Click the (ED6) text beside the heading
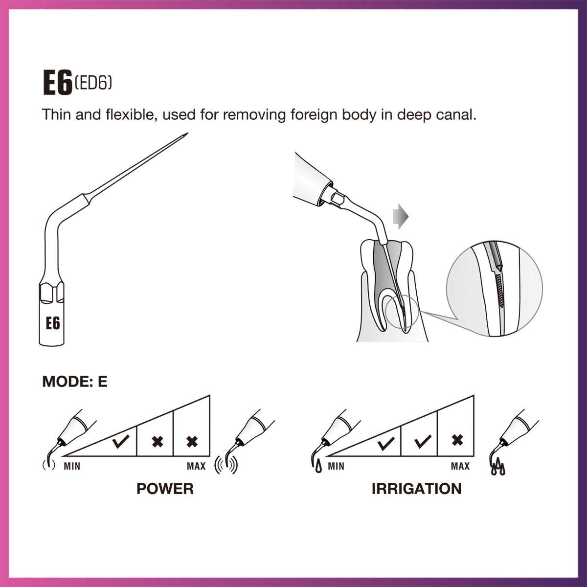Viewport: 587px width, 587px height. [x=93, y=83]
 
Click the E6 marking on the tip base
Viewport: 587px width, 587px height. [x=53, y=323]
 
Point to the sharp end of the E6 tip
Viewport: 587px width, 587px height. [x=188, y=133]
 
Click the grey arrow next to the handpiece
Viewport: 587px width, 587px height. [x=401, y=217]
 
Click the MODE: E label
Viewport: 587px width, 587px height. [x=75, y=382]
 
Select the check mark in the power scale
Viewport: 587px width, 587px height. [x=121, y=441]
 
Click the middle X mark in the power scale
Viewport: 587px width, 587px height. [x=157, y=441]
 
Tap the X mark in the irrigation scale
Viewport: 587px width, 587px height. [x=457, y=440]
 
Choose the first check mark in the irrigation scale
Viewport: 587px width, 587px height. [x=386, y=443]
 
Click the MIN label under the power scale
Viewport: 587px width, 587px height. [x=72, y=466]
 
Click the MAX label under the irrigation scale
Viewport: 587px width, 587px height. [x=460, y=466]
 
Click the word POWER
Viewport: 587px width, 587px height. [x=165, y=489]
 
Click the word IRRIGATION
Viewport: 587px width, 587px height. [x=416, y=489]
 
